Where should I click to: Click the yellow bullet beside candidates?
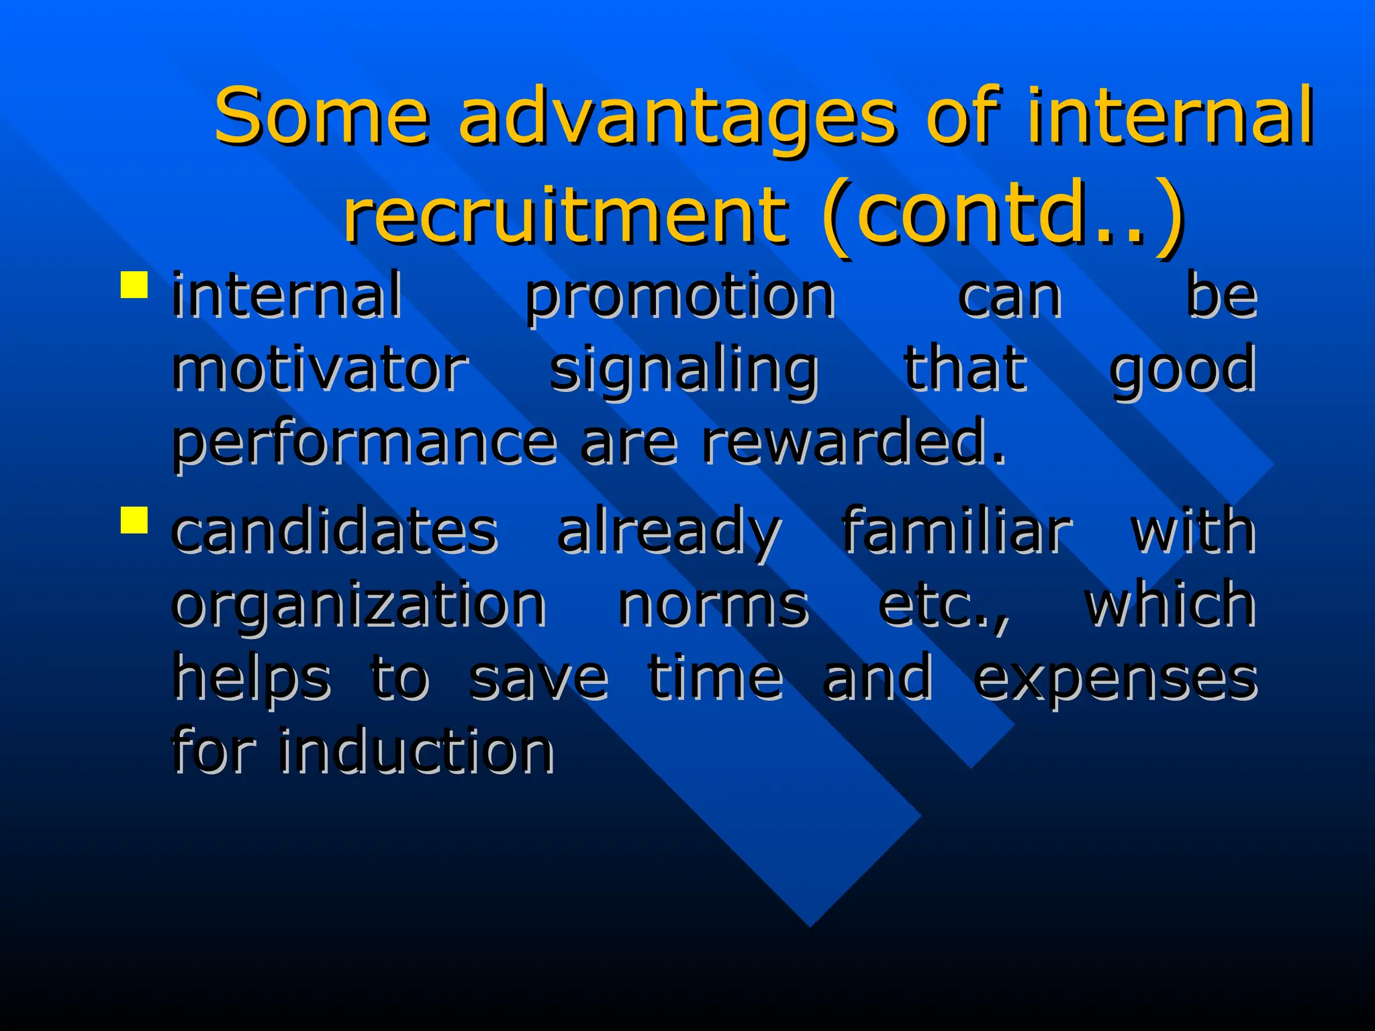tap(134, 520)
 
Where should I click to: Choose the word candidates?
tap(334, 530)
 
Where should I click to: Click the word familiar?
tap(956, 530)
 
